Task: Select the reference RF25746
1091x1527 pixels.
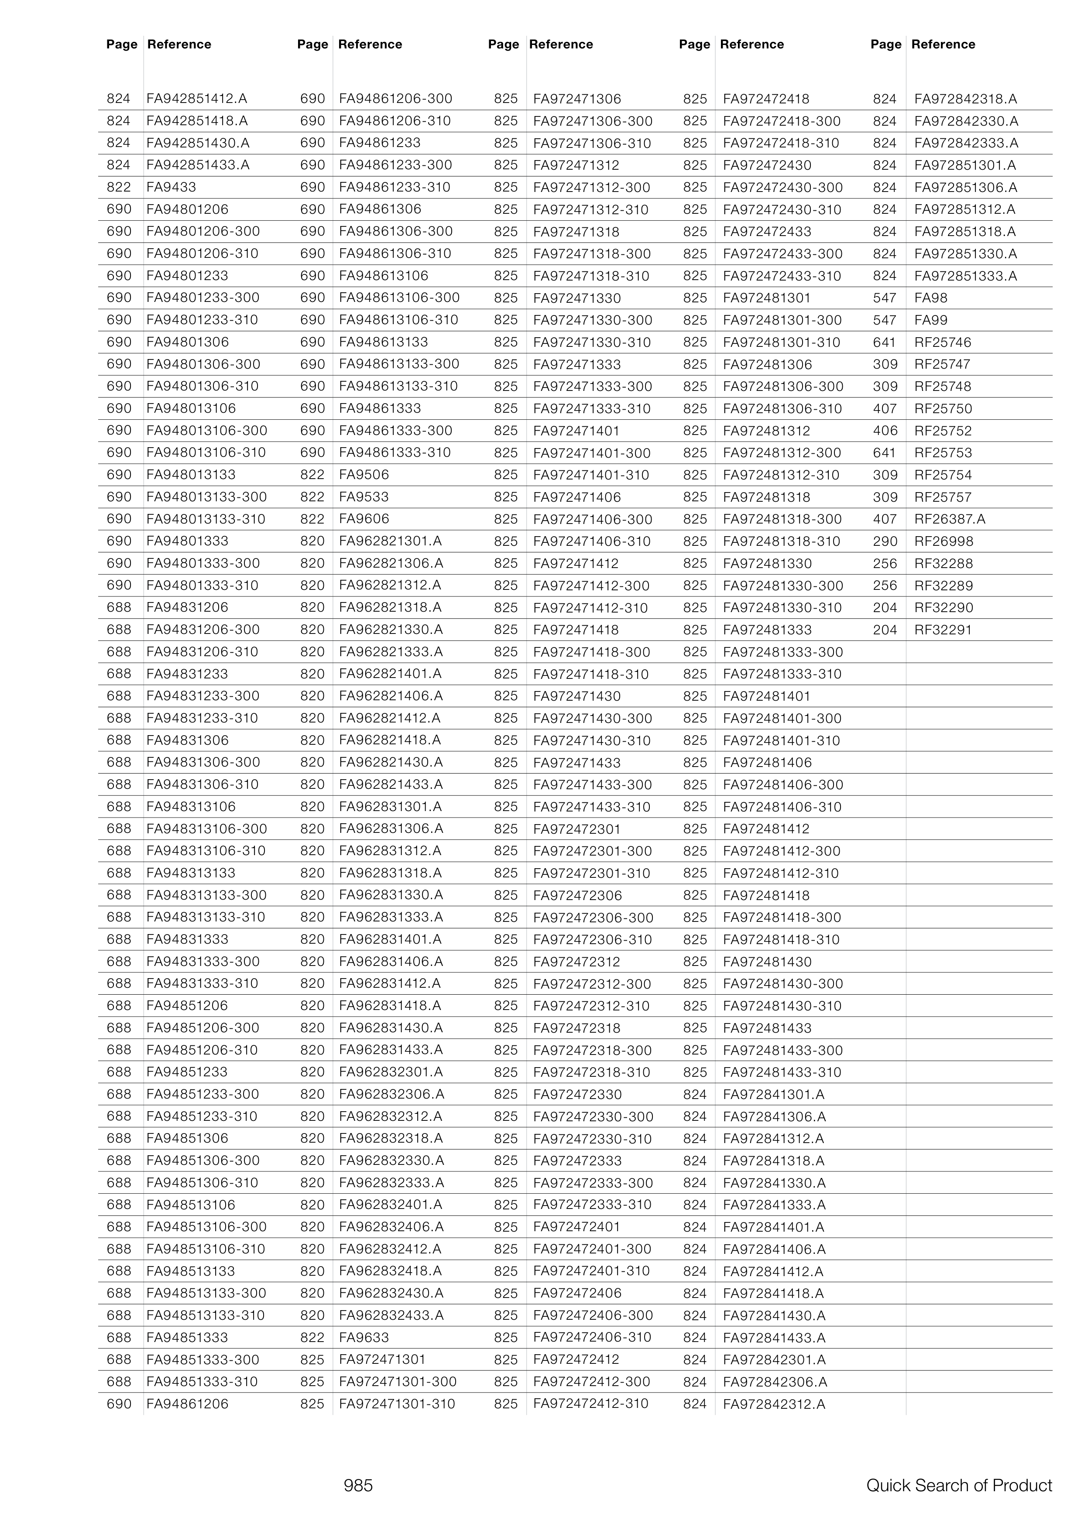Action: [943, 342]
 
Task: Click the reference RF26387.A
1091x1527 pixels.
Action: [949, 519]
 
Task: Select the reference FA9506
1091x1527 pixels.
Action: [364, 475]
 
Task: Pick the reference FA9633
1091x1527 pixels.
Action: [364, 1338]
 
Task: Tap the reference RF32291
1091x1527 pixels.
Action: [943, 630]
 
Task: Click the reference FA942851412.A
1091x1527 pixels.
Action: [197, 99]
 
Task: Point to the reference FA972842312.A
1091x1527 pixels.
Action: [774, 1404]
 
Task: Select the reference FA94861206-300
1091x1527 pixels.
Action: [395, 99]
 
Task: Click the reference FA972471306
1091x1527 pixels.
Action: [577, 99]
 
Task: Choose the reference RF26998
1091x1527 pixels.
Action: [943, 541]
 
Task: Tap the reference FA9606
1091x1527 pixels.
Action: [364, 519]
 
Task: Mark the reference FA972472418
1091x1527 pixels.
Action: [766, 99]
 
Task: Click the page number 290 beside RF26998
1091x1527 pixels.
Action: [885, 541]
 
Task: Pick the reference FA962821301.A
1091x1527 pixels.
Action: [390, 541]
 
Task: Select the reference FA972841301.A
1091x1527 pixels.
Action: [774, 1095]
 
